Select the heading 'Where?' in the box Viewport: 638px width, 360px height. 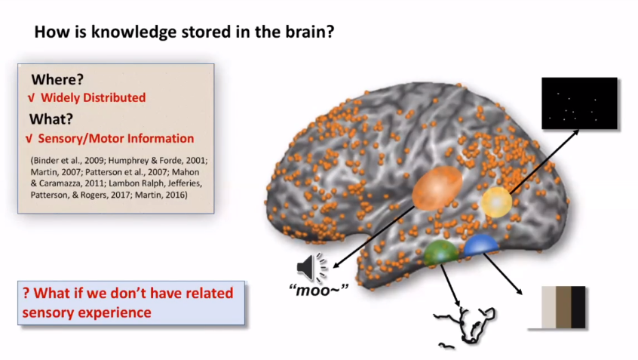[57, 79]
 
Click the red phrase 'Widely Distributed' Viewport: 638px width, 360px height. [93, 97]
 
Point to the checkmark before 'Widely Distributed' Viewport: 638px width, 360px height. [30, 97]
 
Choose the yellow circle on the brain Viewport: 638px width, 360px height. [498, 202]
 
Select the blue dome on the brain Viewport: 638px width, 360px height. [481, 245]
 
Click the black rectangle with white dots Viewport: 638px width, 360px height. [579, 103]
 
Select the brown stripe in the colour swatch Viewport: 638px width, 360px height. [563, 307]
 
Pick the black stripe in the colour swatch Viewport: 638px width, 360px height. [578, 307]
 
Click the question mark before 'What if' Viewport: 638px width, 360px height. [26, 293]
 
